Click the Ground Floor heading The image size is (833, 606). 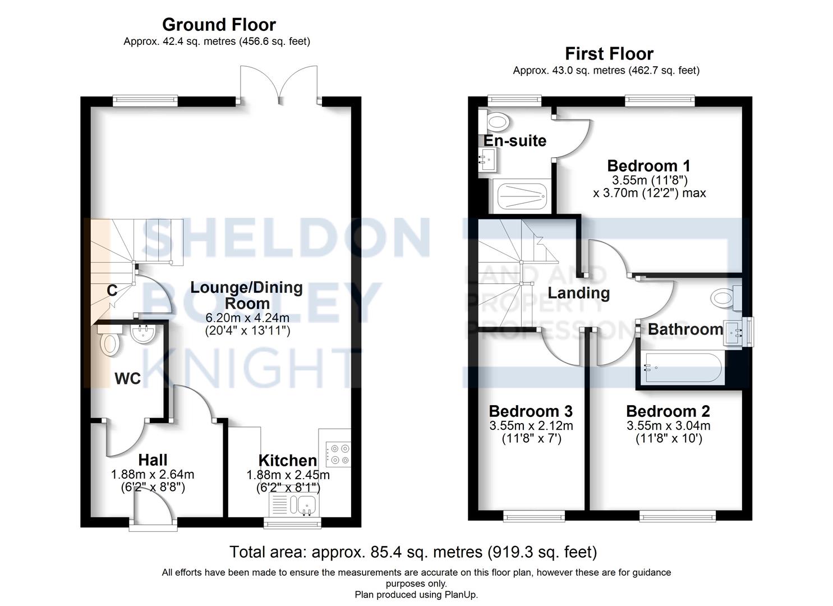click(219, 25)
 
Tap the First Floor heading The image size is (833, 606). click(609, 54)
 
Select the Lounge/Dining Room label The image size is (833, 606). click(247, 295)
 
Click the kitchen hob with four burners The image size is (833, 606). click(338, 454)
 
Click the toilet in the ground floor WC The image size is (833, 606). click(109, 342)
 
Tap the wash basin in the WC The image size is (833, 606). click(142, 334)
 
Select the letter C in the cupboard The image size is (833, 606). click(112, 291)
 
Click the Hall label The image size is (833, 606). click(153, 460)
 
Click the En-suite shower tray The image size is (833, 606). click(521, 196)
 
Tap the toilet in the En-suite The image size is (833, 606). click(496, 120)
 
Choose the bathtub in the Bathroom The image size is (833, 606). click(682, 368)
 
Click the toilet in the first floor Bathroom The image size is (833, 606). click(726, 297)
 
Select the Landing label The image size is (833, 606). click(578, 293)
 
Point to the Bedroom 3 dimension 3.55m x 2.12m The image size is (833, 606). click(531, 426)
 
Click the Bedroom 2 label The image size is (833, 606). click(668, 411)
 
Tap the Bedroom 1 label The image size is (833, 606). click(648, 166)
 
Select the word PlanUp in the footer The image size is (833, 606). click(459, 594)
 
